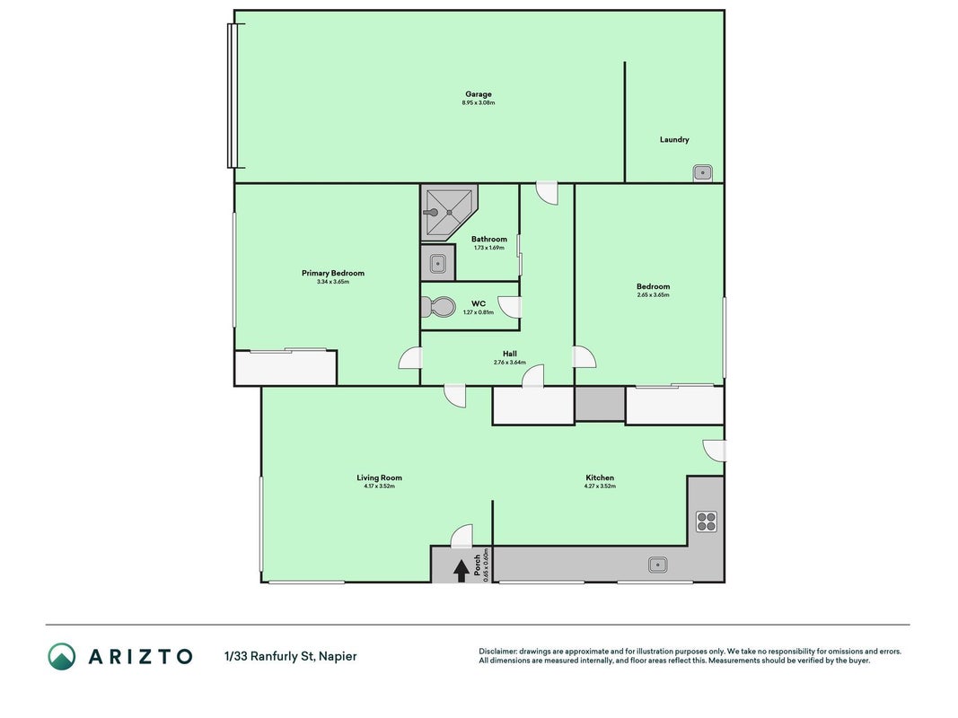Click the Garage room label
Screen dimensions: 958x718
point(479,94)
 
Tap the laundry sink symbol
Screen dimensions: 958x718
point(703,173)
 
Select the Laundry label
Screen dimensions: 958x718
point(674,139)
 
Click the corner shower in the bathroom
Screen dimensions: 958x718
point(449,212)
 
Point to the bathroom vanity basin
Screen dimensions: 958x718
point(438,264)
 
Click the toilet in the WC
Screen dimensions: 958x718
point(439,306)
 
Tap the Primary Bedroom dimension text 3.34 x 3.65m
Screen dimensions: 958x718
point(333,282)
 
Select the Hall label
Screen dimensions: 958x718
point(510,354)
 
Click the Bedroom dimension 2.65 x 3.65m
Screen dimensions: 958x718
point(653,295)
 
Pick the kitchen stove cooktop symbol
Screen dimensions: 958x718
point(707,522)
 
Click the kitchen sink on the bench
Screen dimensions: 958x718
point(657,565)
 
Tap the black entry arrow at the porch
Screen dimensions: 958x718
point(461,571)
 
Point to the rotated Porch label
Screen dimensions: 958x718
point(477,565)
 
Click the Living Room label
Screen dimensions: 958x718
point(380,478)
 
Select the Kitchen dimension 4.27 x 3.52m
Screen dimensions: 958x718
point(600,486)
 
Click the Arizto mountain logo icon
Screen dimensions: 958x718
point(62,656)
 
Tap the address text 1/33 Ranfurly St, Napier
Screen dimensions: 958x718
point(291,656)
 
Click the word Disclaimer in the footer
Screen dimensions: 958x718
point(497,652)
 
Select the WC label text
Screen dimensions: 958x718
point(479,303)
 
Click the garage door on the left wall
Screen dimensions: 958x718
point(233,95)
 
